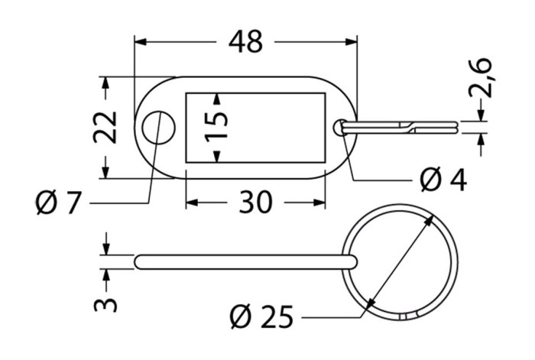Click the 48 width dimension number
(245, 41)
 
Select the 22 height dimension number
(105, 128)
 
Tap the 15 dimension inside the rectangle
(216, 127)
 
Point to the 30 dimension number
(256, 202)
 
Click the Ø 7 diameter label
(58, 203)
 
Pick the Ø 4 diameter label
(443, 180)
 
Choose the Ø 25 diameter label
(261, 316)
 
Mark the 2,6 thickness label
(481, 78)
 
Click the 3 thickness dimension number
(105, 300)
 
